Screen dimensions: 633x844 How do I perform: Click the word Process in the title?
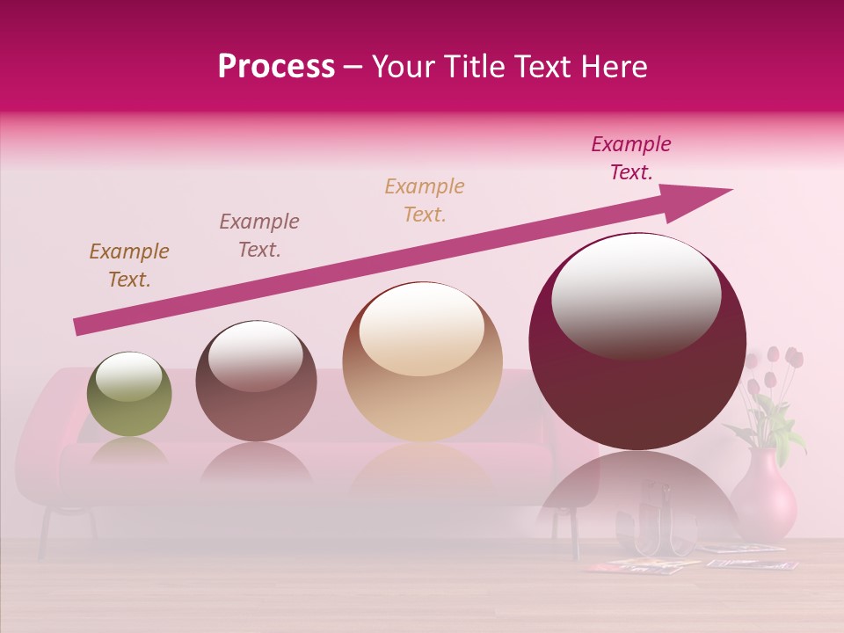pos(276,67)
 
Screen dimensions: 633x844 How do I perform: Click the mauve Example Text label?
pos(259,236)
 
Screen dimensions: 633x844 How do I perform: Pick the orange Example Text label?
pos(425,200)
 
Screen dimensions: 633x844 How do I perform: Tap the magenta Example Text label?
pos(631,158)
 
